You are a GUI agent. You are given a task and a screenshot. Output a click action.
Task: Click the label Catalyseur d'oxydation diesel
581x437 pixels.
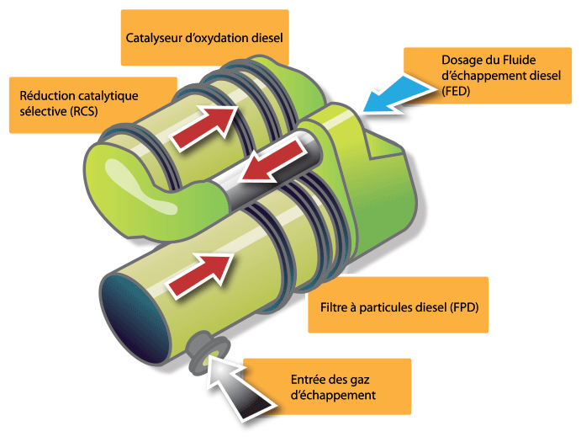[205, 38]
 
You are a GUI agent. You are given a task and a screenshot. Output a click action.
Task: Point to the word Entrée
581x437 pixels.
[308, 377]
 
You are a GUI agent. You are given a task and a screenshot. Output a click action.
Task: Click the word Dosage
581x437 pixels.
[462, 60]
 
